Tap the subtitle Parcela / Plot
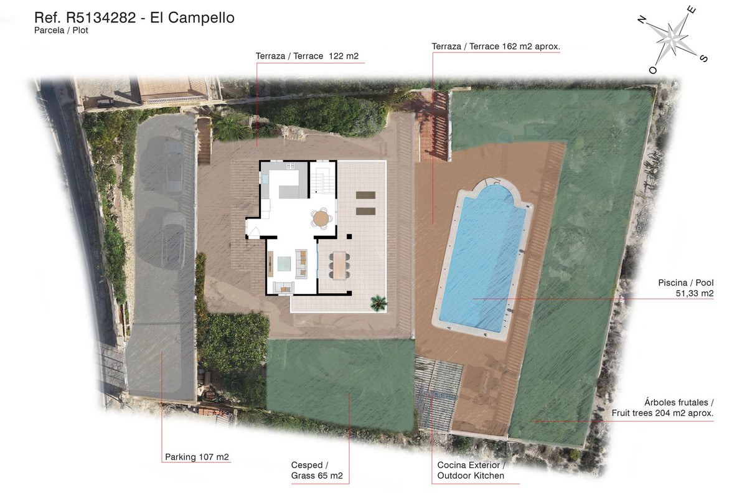61,31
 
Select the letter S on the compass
703,59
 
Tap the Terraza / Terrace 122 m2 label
307,57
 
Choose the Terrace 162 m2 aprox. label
496,47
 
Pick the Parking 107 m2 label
197,457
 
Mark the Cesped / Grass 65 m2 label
317,471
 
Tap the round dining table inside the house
321,218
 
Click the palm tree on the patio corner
378,303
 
